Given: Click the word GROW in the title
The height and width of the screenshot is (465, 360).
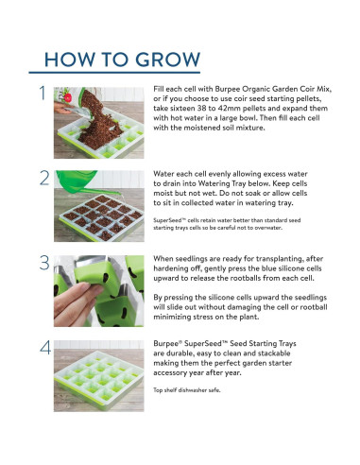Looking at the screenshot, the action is click(x=168, y=60).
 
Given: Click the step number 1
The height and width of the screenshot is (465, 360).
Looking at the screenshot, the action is click(x=43, y=94).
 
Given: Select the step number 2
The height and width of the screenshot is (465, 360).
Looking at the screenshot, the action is click(x=44, y=178).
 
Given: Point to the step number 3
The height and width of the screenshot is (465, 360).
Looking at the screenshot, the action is click(x=44, y=263).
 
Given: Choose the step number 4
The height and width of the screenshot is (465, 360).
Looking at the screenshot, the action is click(x=45, y=348).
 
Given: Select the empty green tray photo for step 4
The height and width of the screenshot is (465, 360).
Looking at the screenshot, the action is click(x=99, y=376).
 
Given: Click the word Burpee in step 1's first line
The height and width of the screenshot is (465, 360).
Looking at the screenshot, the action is click(x=228, y=89).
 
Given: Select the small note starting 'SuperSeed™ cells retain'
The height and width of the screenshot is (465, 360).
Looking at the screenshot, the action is click(x=227, y=224).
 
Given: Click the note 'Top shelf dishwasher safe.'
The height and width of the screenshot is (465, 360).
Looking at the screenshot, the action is click(x=187, y=390).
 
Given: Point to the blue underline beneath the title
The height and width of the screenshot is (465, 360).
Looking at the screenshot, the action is click(x=114, y=73).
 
